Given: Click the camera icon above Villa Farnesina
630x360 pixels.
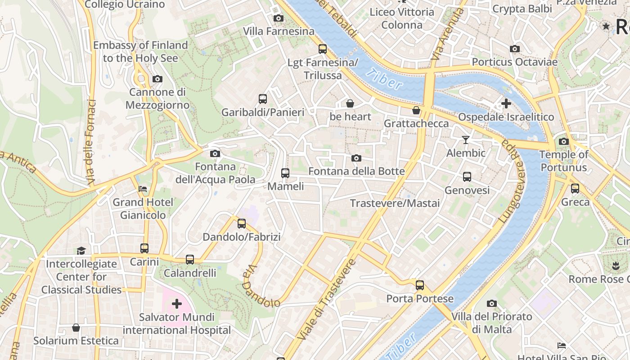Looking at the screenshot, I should (x=279, y=18).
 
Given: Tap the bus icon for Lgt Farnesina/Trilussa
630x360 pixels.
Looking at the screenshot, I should (x=322, y=49).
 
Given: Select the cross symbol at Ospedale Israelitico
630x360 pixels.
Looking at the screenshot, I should (x=506, y=103).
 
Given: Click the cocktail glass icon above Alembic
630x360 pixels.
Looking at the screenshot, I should (x=466, y=140).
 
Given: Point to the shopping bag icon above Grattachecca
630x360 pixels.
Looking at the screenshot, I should (x=416, y=110).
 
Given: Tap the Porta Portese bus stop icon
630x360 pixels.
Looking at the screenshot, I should (x=420, y=285).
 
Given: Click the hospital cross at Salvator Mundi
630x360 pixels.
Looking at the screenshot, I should (x=177, y=304).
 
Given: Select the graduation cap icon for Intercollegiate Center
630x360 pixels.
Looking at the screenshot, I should (x=81, y=251).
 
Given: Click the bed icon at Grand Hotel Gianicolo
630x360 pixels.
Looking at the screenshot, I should (x=143, y=189).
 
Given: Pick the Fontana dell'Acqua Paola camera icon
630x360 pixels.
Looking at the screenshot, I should (x=215, y=154).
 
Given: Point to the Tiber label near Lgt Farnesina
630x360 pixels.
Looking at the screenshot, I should (x=383, y=78).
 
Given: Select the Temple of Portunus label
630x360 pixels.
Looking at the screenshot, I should (x=564, y=161).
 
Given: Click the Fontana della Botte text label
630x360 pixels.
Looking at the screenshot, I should (x=356, y=171).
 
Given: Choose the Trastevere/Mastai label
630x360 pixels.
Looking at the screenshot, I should (x=395, y=203).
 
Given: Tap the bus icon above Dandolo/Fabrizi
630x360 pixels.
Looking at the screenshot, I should (x=242, y=223).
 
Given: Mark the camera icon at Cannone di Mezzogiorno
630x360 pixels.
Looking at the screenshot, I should (x=157, y=79).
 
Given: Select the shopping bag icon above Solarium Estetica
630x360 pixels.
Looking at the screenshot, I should (x=76, y=328).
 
